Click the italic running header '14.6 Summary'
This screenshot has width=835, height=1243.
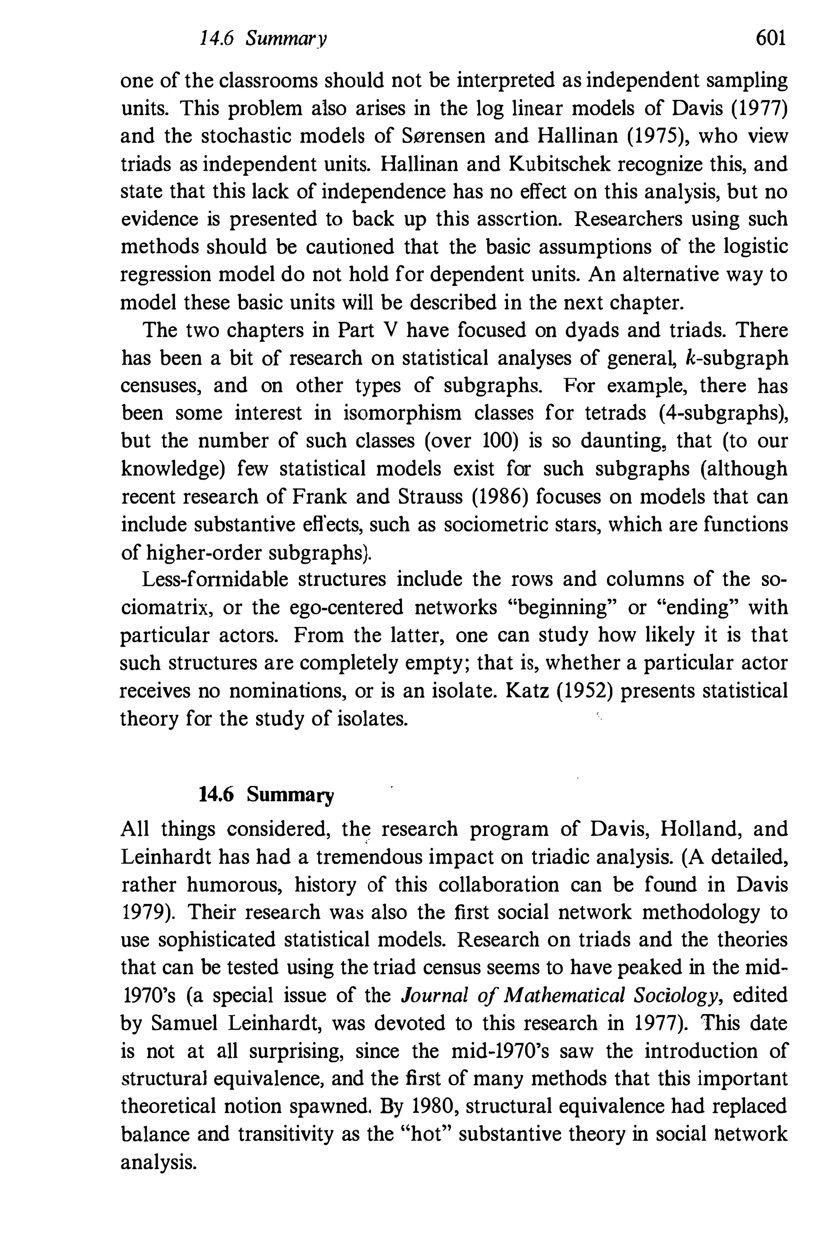click(263, 39)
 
